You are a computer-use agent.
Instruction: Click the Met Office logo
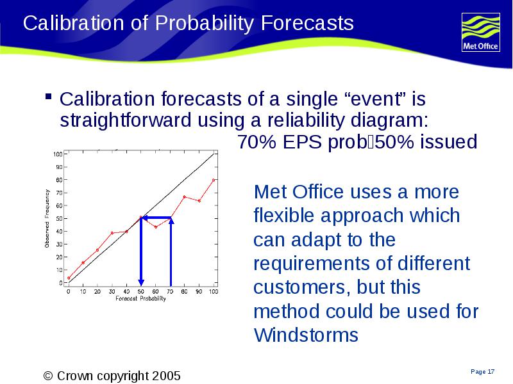[480, 33]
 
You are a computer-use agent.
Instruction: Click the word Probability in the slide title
[205, 24]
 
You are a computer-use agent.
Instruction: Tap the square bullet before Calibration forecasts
[49, 97]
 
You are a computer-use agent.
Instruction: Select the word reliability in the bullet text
[306, 120]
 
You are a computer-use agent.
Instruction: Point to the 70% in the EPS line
[256, 141]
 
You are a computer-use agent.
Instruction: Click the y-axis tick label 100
[58, 154]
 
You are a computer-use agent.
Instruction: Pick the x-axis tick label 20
[97, 291]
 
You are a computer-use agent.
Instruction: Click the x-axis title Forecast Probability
[140, 298]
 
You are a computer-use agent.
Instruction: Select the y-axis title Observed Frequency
[47, 218]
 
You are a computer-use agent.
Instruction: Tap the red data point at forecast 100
[214, 180]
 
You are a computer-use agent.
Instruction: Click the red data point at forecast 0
[69, 278]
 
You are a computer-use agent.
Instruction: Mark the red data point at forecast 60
[156, 227]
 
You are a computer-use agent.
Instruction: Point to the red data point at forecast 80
[185, 197]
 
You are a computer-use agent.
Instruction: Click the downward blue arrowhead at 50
[141, 282]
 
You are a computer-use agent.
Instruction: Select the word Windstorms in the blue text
[306, 335]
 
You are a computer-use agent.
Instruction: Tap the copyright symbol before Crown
[48, 376]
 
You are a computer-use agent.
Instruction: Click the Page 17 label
[483, 372]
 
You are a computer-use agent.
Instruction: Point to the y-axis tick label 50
[59, 218]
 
